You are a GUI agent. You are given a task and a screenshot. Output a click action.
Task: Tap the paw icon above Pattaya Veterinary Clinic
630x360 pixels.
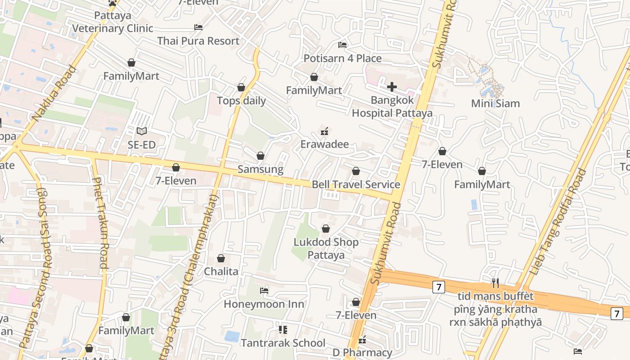(x=112, y=3)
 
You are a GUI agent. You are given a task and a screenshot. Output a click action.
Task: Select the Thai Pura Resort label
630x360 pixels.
(x=198, y=41)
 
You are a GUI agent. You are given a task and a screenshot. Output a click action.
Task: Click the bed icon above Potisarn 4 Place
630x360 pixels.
(x=342, y=45)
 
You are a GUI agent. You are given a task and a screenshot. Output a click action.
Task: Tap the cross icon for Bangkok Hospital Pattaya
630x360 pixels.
(x=392, y=86)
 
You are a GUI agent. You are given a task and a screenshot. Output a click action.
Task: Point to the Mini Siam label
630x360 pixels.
(x=495, y=103)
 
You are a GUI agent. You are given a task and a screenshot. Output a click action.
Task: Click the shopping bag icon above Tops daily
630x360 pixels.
(x=241, y=87)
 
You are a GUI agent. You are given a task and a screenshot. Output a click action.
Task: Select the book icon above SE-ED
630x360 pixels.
(x=142, y=131)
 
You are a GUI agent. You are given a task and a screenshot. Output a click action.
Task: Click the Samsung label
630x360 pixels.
(x=260, y=169)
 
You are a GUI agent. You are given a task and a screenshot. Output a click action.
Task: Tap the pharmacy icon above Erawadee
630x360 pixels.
(x=324, y=131)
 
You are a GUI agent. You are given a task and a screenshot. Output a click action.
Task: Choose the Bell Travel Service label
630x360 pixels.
(x=356, y=184)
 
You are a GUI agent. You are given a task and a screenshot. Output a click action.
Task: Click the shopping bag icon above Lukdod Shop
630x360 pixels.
(x=326, y=229)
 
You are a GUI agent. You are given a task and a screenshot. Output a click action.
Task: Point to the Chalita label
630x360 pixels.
(x=221, y=271)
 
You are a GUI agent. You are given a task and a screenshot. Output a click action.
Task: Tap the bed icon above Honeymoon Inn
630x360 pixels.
(x=264, y=291)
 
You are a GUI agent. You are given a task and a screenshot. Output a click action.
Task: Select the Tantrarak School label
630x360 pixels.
(x=283, y=343)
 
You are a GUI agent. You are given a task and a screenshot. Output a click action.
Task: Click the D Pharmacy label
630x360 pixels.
(x=362, y=352)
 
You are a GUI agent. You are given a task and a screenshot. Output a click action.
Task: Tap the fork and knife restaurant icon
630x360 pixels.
(x=495, y=283)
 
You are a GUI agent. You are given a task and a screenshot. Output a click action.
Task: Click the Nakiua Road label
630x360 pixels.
(x=54, y=94)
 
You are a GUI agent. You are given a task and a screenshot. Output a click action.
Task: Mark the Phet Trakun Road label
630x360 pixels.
(x=100, y=223)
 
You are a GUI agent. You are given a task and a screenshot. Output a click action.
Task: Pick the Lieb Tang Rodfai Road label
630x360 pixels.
(x=559, y=222)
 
